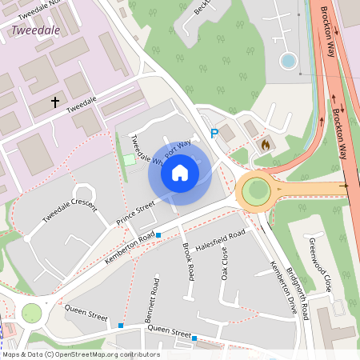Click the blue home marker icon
[180, 172]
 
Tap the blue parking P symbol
[214, 134]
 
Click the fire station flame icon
[266, 145]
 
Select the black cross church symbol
[55, 102]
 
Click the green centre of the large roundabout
[256, 190]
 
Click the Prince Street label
[134, 213]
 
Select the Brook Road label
[188, 261]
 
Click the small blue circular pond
[288, 61]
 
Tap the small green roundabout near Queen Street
[31, 313]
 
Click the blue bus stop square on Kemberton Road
[159, 235]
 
